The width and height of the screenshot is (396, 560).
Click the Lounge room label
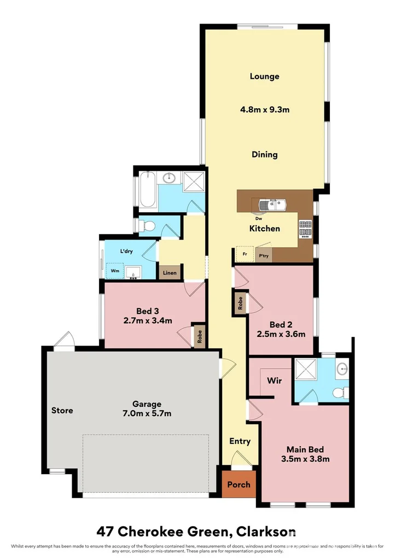point(264,77)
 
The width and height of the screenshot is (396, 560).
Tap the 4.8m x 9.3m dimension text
point(265,109)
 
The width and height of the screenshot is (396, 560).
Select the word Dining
point(265,155)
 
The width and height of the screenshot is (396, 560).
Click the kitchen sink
point(273,205)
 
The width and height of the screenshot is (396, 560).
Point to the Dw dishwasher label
point(259,219)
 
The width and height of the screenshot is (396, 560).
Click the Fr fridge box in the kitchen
point(244,254)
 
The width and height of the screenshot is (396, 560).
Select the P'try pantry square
point(264,256)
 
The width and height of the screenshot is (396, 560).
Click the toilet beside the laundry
point(147,226)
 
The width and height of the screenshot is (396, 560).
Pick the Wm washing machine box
point(115,271)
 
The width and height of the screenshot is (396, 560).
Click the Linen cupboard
point(170,272)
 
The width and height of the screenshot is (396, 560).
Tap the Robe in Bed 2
point(240,303)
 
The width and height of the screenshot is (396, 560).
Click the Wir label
point(274,381)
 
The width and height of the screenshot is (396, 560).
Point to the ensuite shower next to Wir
point(306,370)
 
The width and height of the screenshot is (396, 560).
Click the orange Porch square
point(239,485)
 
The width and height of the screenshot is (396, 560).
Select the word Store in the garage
point(62,410)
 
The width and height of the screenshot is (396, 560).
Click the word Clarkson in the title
point(266,532)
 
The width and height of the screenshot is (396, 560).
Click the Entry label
point(240,441)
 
